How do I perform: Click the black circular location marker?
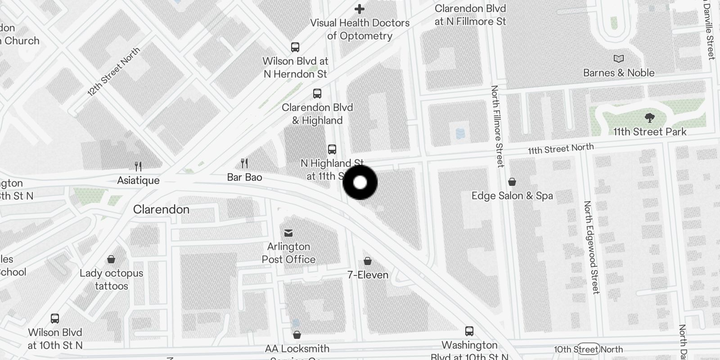(360, 182)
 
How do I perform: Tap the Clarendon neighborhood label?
(161, 209)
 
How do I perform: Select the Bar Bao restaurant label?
(244, 177)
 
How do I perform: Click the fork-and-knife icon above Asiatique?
(138, 166)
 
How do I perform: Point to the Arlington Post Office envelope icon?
(288, 233)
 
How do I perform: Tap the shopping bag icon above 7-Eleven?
(368, 261)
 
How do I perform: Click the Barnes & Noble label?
(619, 73)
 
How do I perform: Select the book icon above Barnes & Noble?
(619, 58)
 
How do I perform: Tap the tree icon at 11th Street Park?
(649, 118)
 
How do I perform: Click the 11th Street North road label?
(561, 148)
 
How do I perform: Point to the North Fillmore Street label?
(497, 126)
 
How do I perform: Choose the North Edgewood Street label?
(591, 247)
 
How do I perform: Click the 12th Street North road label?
(113, 72)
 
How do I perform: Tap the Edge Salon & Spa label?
(512, 196)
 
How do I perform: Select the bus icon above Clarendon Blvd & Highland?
(317, 94)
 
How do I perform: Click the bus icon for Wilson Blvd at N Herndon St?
(295, 47)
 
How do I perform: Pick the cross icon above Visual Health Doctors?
(360, 9)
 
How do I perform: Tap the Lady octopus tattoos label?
(111, 279)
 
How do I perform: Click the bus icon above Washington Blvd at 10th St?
(469, 331)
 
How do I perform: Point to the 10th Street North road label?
(588, 349)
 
